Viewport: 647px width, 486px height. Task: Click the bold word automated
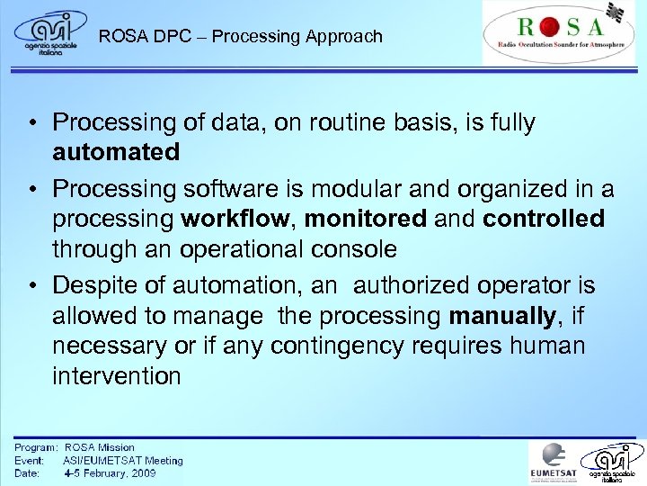[x=116, y=152]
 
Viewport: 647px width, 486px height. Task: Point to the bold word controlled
[x=544, y=219]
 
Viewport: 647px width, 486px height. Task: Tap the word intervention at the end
[x=117, y=376]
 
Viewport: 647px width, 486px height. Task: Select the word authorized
[x=410, y=286]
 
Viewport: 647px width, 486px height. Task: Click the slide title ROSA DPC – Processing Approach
[x=241, y=37]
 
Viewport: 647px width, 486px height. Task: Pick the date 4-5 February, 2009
[x=110, y=473]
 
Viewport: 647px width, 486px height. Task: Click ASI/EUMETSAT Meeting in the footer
[x=122, y=460]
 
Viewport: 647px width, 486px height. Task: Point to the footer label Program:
[x=36, y=447]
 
